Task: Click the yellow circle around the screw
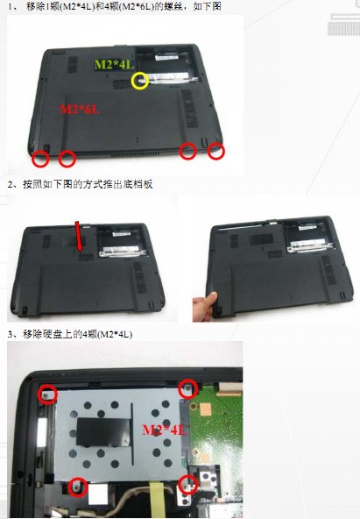(x=139, y=81)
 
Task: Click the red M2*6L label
(x=80, y=110)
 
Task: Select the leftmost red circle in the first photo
(x=40, y=159)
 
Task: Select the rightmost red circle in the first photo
(x=216, y=151)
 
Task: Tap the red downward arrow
(x=81, y=235)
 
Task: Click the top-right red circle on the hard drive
(x=187, y=387)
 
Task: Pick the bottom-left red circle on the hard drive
(x=78, y=487)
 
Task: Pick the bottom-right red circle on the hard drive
(x=187, y=484)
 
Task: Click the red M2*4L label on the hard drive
(x=165, y=430)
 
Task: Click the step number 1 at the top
(x=10, y=6)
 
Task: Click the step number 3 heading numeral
(x=10, y=335)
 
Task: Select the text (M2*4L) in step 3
(x=113, y=335)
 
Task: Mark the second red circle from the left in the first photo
(x=67, y=159)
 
